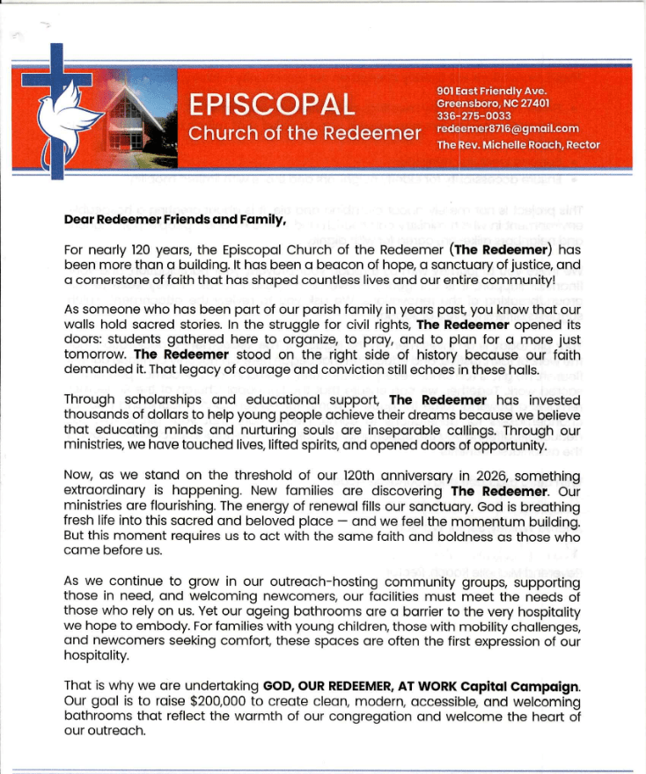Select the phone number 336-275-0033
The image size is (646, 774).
(474, 115)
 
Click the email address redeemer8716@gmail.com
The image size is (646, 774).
(508, 128)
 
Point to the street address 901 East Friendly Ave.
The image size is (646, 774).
(492, 91)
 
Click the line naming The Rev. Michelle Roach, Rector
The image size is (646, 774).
(518, 143)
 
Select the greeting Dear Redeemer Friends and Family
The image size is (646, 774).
(176, 221)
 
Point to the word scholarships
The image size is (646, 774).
(158, 400)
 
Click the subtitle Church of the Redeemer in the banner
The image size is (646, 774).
(305, 134)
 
